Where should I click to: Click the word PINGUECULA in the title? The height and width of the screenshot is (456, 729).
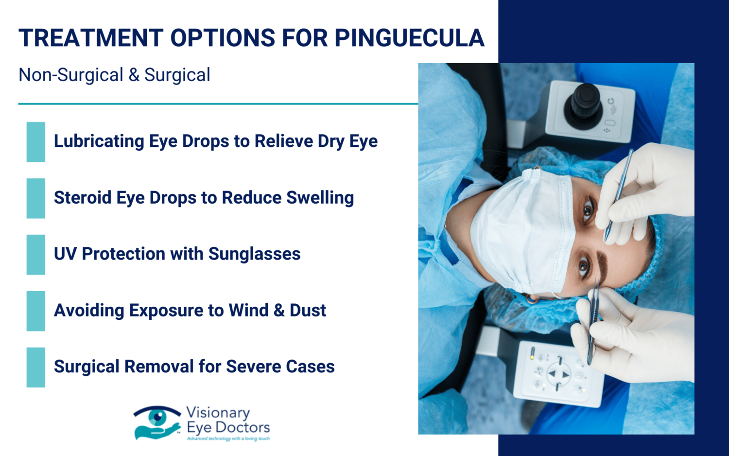pyautogui.click(x=409, y=38)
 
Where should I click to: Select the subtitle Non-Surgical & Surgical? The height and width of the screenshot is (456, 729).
pyautogui.click(x=114, y=75)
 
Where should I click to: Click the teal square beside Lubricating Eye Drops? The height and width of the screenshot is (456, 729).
pyautogui.click(x=36, y=141)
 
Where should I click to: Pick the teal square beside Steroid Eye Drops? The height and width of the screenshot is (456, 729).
pyautogui.click(x=36, y=198)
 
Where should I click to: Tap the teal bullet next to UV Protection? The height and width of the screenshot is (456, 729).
pyautogui.click(x=36, y=254)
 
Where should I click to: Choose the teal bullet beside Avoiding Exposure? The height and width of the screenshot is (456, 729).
pyautogui.click(x=36, y=311)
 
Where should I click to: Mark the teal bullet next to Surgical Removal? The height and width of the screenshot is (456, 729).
pyautogui.click(x=36, y=367)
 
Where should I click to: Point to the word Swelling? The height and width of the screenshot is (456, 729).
pyautogui.click(x=320, y=198)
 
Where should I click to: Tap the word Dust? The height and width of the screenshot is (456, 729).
pyautogui.click(x=308, y=310)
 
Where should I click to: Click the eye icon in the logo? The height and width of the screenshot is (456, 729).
pyautogui.click(x=157, y=417)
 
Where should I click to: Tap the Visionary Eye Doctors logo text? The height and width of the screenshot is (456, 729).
pyautogui.click(x=227, y=421)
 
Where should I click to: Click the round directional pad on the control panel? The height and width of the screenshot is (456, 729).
pyautogui.click(x=559, y=374)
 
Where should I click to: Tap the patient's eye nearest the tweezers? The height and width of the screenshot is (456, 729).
pyautogui.click(x=584, y=265)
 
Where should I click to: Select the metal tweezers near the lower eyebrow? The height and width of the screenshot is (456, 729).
pyautogui.click(x=593, y=321)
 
